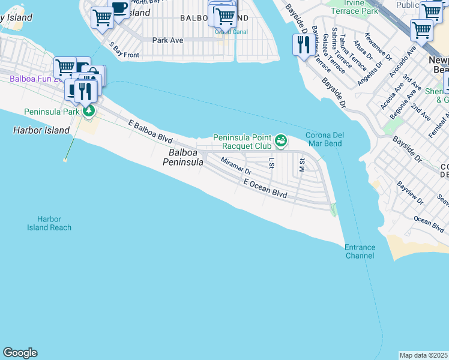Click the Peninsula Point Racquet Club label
(243, 141)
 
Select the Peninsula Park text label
(52, 112)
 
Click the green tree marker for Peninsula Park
(89, 111)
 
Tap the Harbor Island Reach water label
(49, 223)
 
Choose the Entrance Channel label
(360, 251)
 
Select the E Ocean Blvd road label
(265, 188)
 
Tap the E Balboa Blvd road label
(151, 130)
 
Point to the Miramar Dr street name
(236, 166)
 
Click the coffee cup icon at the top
(119, 8)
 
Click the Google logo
(20, 353)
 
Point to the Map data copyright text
(424, 355)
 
